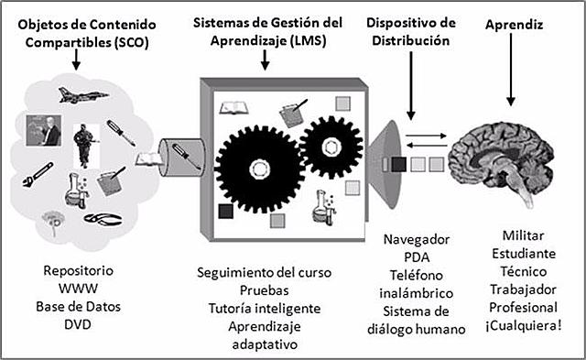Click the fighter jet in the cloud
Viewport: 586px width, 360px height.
click(72, 93)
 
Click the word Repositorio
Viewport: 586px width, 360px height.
click(80, 272)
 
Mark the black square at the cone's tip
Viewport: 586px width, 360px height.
click(398, 165)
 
